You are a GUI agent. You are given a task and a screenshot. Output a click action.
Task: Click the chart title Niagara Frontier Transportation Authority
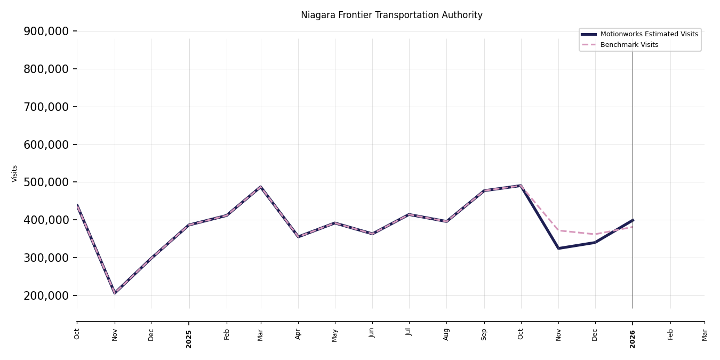tap(391, 15)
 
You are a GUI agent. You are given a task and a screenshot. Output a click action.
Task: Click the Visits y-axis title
tap(15, 173)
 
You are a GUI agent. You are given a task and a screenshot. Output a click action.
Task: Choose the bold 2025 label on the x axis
tap(189, 339)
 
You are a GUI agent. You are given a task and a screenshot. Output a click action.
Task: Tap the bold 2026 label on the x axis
tap(633, 339)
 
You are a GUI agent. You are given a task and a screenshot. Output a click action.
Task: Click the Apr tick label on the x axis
tap(298, 334)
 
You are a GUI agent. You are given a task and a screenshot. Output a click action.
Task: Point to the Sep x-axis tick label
tap(484, 334)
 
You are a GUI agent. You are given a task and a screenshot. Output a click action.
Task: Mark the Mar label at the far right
tap(705, 334)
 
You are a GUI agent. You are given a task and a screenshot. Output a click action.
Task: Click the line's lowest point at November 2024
tap(115, 293)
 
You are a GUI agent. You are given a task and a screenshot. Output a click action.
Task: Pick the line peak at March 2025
tap(261, 187)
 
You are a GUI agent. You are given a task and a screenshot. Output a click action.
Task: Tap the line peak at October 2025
tap(521, 186)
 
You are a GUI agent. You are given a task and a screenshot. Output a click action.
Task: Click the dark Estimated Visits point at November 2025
tap(558, 248)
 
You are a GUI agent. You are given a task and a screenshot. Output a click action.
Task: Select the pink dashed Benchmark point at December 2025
tap(595, 234)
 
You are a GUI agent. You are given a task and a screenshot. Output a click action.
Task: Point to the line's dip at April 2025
tap(298, 236)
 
